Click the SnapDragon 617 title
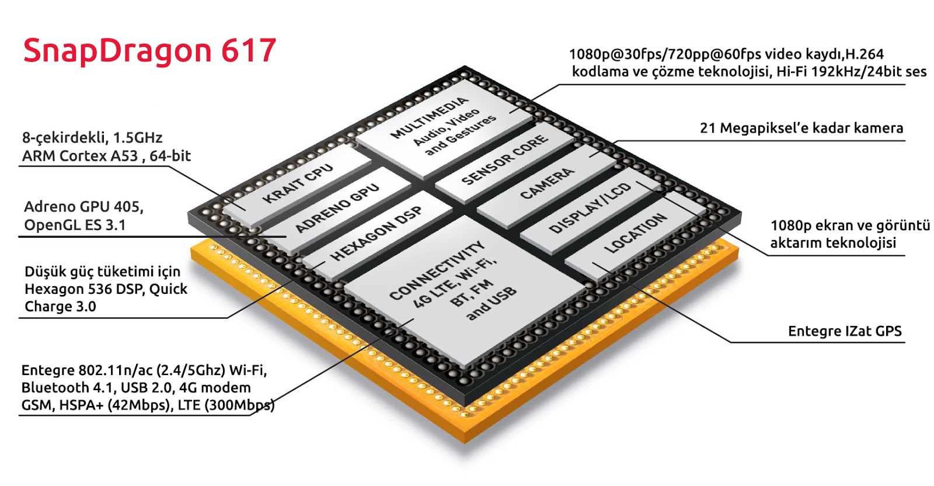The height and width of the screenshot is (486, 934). click(x=149, y=51)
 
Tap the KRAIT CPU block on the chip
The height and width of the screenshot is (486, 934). click(x=298, y=183)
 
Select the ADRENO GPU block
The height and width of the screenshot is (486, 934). click(x=337, y=208)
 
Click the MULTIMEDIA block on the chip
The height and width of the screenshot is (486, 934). click(x=444, y=126)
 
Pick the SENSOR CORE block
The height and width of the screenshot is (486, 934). click(x=504, y=159)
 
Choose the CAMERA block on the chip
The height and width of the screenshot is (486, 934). click(x=546, y=183)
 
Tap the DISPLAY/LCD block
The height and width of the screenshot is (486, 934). click(x=590, y=208)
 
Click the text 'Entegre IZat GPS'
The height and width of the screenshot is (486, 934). click(x=844, y=331)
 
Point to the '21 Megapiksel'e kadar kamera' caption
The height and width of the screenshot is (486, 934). click(x=801, y=128)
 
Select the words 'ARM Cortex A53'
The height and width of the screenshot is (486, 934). click(x=80, y=156)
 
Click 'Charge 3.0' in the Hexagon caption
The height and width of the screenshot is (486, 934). click(x=60, y=307)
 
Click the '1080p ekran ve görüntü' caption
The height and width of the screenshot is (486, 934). click(x=849, y=225)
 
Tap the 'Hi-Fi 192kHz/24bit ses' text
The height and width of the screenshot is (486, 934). click(x=851, y=72)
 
